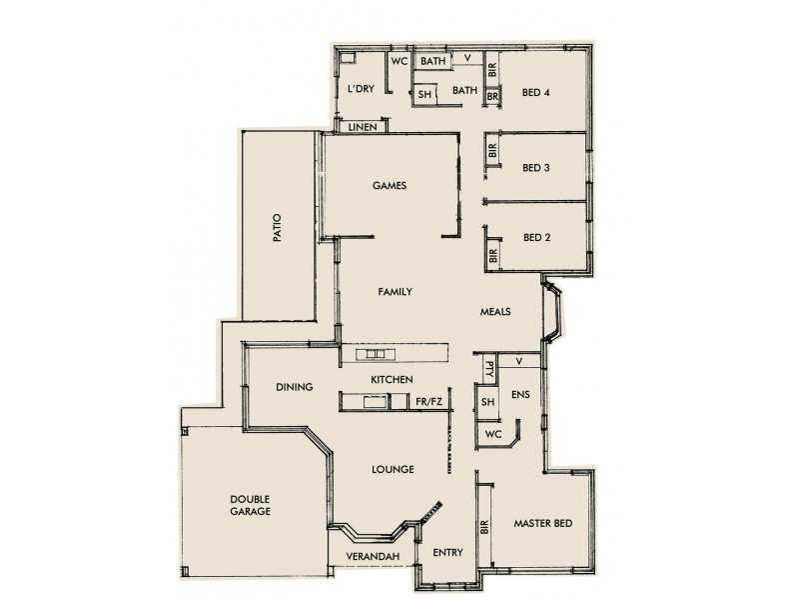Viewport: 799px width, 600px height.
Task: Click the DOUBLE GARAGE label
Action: point(250,505)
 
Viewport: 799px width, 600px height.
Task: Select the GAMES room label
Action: point(388,186)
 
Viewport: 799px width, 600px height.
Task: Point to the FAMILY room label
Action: point(396,292)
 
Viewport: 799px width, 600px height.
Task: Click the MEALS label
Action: point(495,311)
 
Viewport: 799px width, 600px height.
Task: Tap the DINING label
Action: point(295,387)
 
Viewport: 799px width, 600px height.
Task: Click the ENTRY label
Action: point(445,553)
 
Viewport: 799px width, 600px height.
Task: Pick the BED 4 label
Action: point(536,95)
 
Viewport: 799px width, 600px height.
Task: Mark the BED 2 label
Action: point(536,238)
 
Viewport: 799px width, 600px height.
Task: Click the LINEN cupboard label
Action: point(362,127)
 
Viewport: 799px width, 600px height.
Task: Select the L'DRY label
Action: point(361,89)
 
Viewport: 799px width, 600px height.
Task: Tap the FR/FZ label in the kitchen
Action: point(429,402)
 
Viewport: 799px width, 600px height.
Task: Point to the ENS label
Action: point(520,395)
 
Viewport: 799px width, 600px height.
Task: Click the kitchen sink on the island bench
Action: point(376,354)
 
